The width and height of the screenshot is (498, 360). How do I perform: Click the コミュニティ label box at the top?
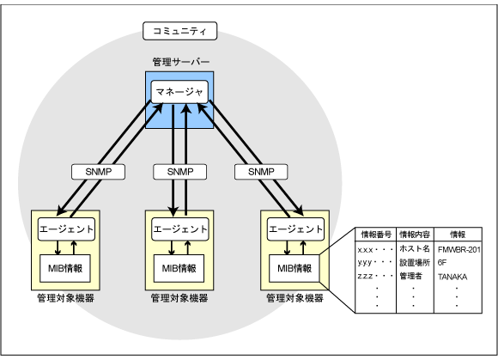tap(179, 32)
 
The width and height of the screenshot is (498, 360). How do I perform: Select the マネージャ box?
tap(179, 91)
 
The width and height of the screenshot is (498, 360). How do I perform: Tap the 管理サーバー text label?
tap(179, 64)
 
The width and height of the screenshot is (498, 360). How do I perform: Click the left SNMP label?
tap(96, 172)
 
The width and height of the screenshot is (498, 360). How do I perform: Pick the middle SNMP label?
tap(179, 172)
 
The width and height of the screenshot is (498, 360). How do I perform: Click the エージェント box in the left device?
tap(65, 229)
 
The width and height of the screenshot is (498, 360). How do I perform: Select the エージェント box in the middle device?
tap(179, 229)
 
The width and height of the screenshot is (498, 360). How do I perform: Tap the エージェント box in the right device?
tap(295, 229)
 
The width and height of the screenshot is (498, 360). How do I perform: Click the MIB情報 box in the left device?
tap(65, 267)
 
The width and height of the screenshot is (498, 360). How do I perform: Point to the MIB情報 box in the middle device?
tap(179, 267)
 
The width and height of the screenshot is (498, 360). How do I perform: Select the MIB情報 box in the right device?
tap(295, 267)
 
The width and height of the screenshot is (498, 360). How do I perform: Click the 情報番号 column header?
tap(375, 234)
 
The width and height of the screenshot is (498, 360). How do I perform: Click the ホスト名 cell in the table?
tap(414, 248)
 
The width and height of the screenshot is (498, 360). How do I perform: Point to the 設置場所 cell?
tap(414, 262)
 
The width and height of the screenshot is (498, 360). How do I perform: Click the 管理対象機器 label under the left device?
tap(65, 298)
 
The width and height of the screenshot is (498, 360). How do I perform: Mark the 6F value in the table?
tap(441, 262)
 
